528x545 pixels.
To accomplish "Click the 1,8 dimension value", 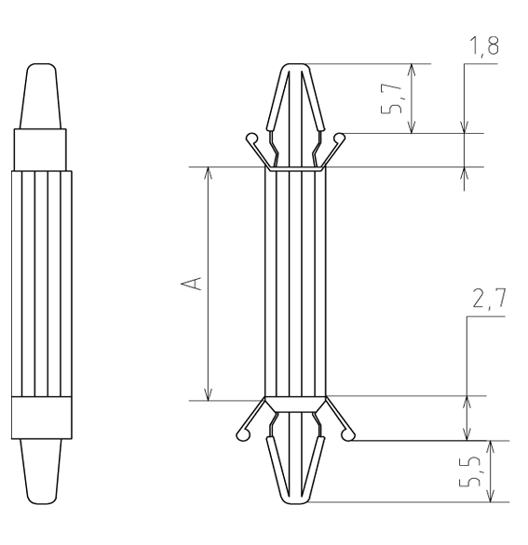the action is (484, 47).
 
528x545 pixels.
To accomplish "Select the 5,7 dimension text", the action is (391, 99).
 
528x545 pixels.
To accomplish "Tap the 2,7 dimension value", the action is (489, 299).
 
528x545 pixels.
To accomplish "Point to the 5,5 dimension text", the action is (469, 471).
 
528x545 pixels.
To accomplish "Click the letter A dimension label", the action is (191, 284).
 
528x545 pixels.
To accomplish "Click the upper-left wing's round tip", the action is (251, 139).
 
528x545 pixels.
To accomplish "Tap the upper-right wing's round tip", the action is (339, 139).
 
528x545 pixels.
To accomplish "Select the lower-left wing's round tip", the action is (242, 435).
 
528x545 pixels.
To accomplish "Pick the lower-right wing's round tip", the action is (347, 435).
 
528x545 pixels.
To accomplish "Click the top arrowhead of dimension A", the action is (208, 173).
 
